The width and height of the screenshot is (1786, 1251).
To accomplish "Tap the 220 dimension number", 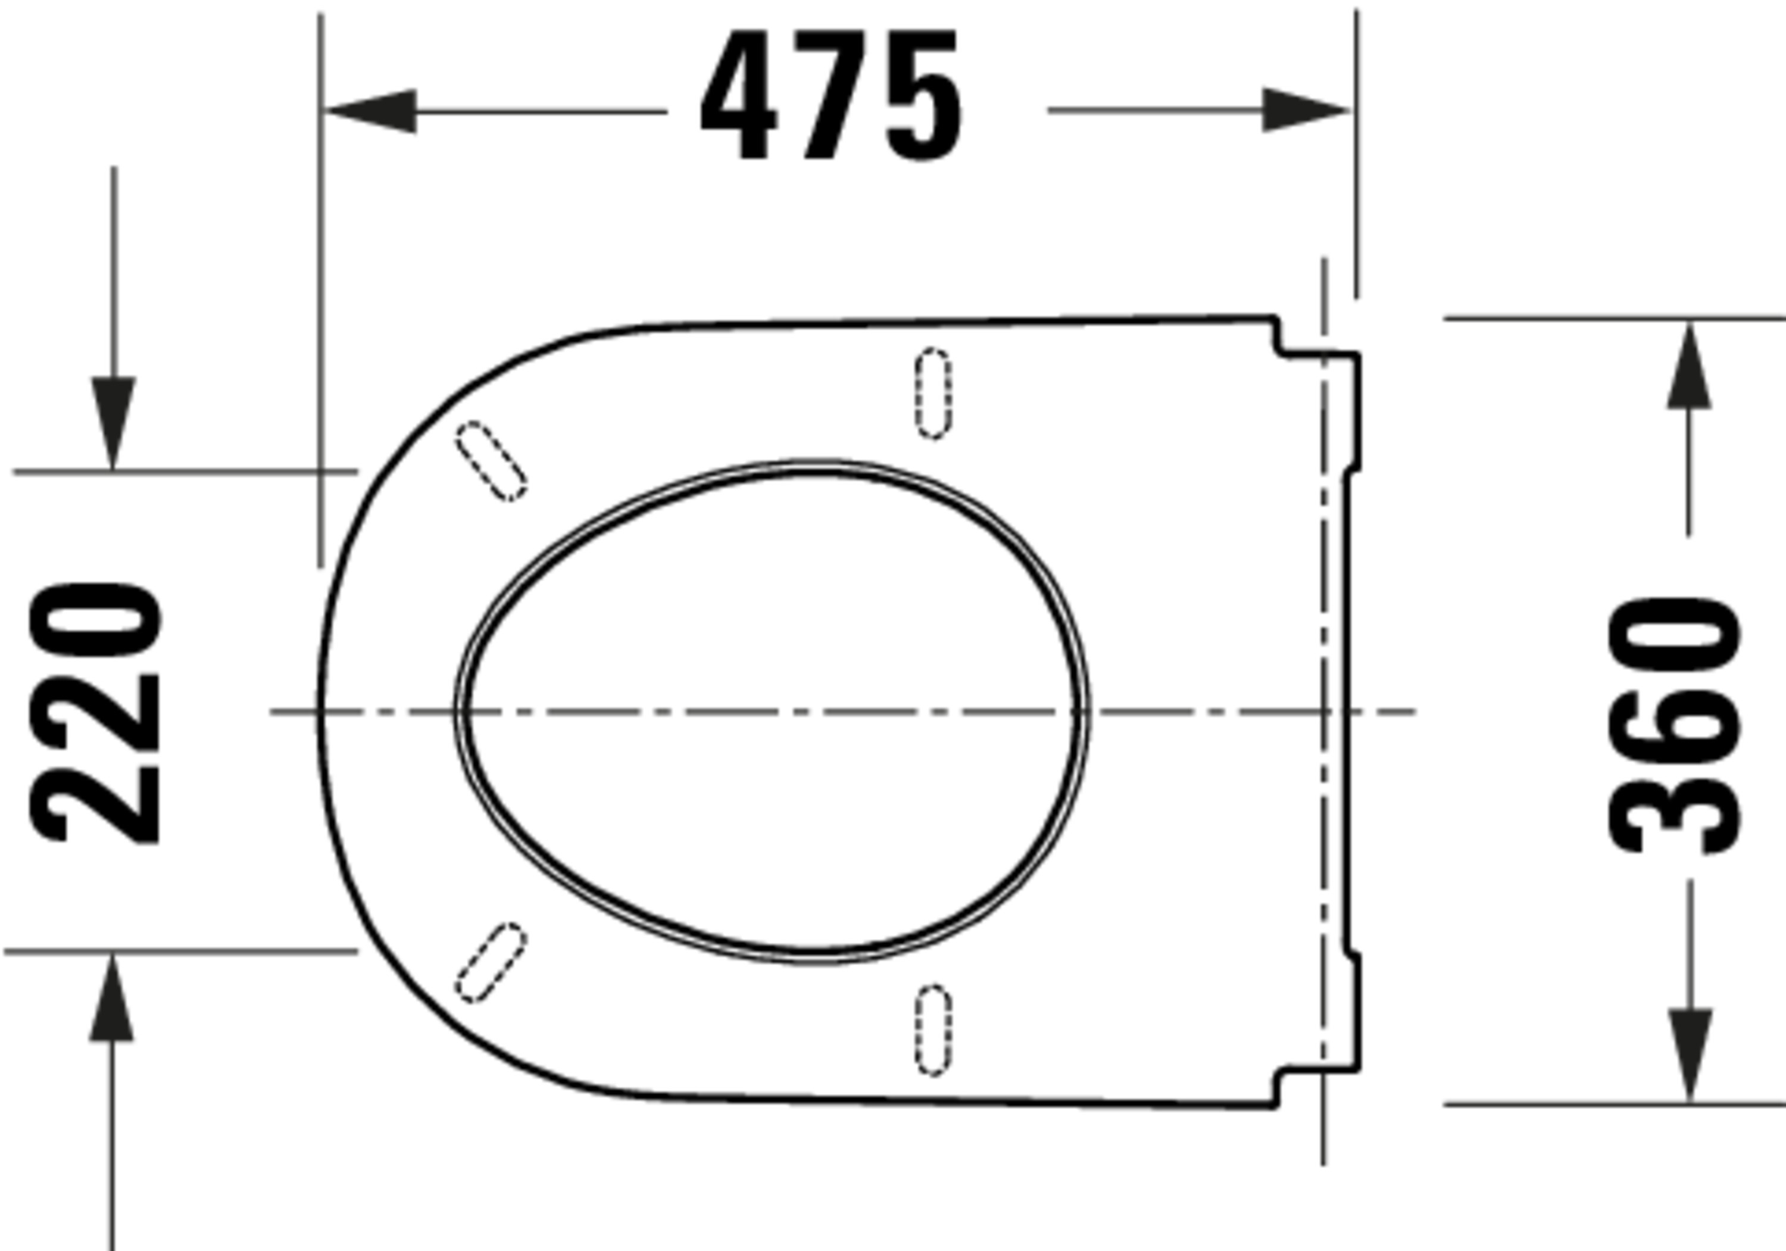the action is click(95, 713).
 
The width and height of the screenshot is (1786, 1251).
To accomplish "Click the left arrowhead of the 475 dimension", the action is click(370, 111).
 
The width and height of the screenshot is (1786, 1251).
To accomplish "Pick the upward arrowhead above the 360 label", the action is click(1689, 365).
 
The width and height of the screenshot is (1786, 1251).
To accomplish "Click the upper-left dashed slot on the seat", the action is click(491, 461).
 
